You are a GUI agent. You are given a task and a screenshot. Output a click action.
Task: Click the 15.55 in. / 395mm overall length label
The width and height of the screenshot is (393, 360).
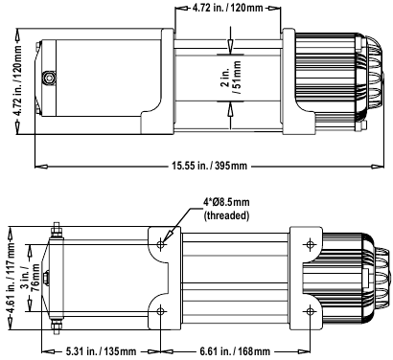point(209,166)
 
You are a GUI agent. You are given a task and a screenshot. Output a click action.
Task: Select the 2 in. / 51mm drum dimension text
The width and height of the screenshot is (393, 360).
point(230,79)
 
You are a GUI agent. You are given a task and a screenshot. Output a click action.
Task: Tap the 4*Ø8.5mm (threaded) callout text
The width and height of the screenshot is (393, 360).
point(226,209)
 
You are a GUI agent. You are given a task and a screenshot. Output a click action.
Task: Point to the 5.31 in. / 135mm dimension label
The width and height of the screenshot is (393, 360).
point(101,351)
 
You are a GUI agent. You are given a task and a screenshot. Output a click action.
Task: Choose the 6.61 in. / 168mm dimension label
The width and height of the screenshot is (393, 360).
point(235,351)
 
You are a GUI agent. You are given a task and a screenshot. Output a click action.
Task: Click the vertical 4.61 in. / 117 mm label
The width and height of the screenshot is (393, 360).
point(12,279)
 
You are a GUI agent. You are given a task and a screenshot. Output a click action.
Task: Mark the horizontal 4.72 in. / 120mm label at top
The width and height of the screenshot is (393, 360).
point(227,8)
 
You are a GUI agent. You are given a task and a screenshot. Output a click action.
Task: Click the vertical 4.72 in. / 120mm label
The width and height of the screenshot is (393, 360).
point(17,80)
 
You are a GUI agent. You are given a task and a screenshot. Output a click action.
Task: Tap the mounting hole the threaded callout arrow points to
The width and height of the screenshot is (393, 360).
point(161,245)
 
